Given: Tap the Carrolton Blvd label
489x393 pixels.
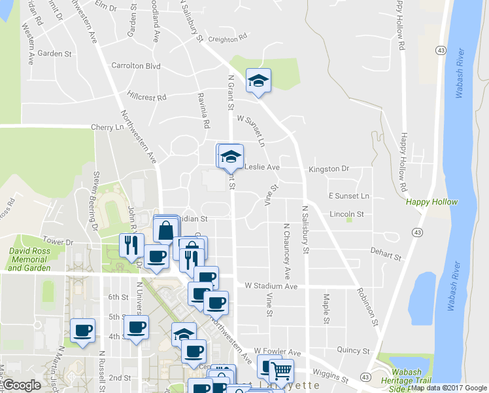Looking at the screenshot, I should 136,66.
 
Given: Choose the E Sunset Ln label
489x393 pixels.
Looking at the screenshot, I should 348,196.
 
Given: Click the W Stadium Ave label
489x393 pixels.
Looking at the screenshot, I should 271,286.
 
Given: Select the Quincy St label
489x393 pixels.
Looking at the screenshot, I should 356,351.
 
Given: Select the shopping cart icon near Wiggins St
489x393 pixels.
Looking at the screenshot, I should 281,371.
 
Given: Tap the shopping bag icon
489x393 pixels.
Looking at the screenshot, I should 167,231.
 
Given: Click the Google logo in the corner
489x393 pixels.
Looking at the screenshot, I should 22,385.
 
